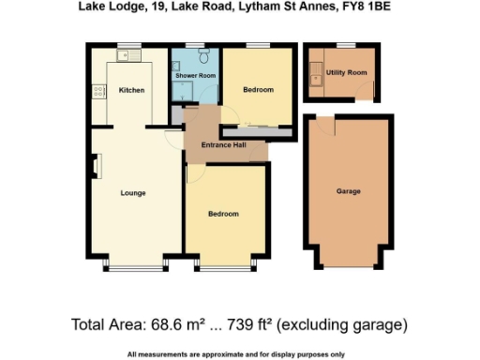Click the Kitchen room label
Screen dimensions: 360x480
click(x=130, y=90)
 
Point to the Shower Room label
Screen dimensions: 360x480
click(x=194, y=75)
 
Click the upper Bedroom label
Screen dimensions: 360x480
click(x=258, y=90)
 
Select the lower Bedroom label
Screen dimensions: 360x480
click(x=223, y=214)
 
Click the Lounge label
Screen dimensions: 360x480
click(x=133, y=192)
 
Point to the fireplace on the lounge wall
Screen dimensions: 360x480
click(x=95, y=165)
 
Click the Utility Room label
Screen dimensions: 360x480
click(x=346, y=72)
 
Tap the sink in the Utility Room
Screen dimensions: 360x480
click(x=319, y=80)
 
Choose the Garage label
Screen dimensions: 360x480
click(x=349, y=191)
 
